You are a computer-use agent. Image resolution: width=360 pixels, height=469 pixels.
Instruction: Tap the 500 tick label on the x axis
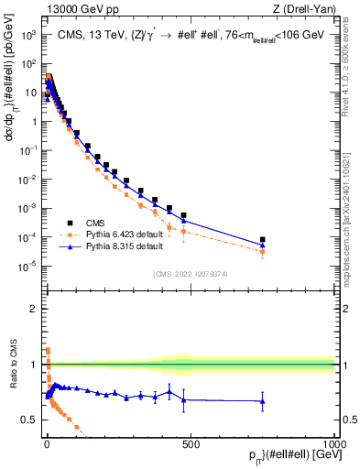pos(191,444)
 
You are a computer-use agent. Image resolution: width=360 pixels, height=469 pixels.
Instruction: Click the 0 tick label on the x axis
pos(47,444)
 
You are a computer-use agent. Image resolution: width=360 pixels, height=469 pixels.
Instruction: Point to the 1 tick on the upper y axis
pos(33,122)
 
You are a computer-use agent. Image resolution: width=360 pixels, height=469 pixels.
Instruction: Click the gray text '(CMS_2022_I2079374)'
pos(191,272)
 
